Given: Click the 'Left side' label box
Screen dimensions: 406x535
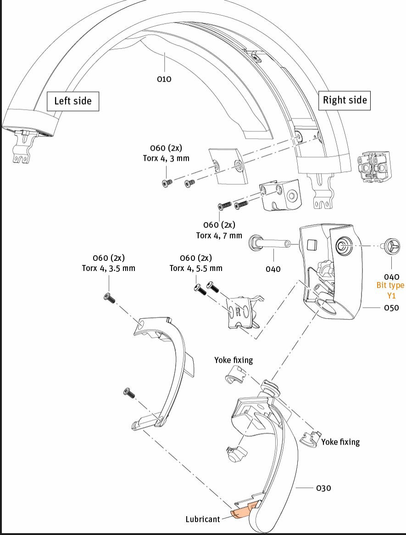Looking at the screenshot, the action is click(x=72, y=101).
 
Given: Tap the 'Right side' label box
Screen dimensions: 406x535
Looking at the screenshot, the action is click(x=345, y=100).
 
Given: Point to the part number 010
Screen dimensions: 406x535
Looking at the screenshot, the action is click(x=164, y=79).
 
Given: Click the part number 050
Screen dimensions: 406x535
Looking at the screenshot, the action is click(x=391, y=308).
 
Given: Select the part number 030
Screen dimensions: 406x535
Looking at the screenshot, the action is click(x=323, y=488).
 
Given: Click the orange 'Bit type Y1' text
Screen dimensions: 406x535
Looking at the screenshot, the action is click(x=391, y=290).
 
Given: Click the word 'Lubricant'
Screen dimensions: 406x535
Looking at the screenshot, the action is click(x=203, y=519).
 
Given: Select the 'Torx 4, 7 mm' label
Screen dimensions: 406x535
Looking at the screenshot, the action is click(x=219, y=236).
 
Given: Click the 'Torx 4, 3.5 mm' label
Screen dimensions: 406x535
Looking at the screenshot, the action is click(x=108, y=268).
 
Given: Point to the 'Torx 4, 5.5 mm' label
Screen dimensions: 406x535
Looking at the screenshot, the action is click(x=196, y=268).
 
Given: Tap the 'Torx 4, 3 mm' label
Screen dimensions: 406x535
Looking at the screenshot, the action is click(x=166, y=158).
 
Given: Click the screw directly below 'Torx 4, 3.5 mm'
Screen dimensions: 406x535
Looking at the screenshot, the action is click(x=110, y=298).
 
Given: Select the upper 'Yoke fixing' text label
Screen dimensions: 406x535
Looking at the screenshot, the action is click(x=234, y=360).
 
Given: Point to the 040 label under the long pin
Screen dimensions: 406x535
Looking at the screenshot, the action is click(x=273, y=269).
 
